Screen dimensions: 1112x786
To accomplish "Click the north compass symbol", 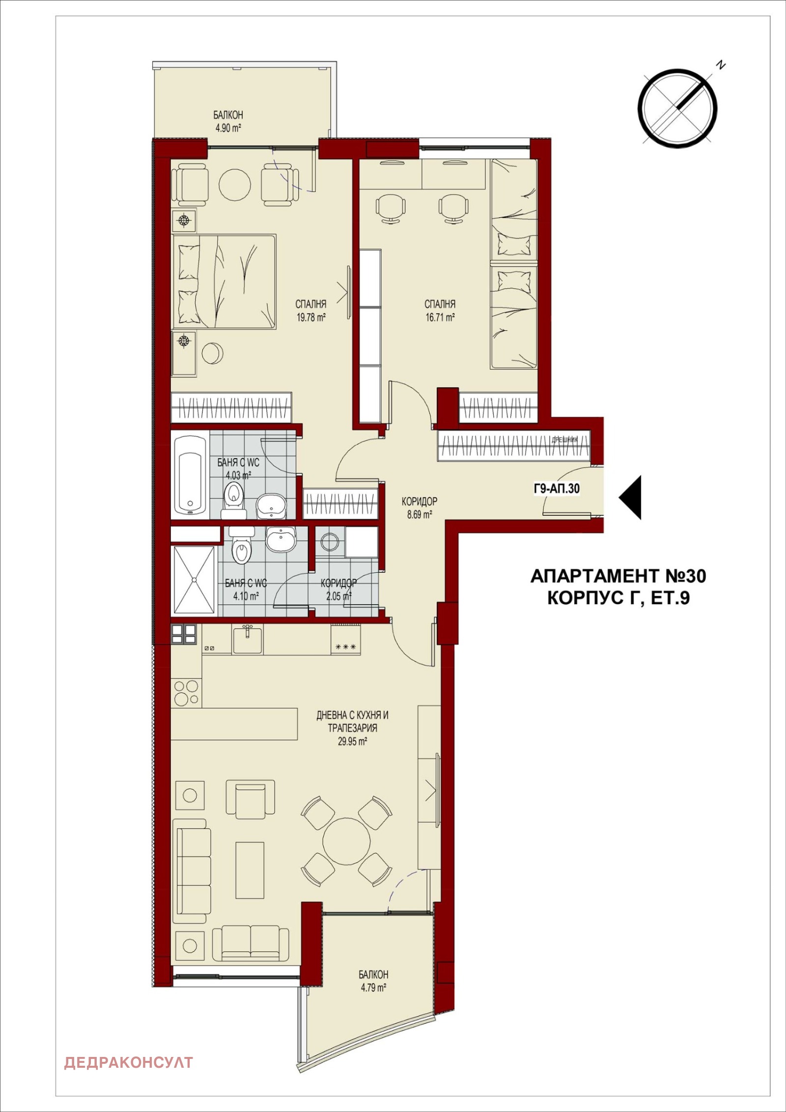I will (x=677, y=107).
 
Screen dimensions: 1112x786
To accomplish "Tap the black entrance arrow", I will (x=631, y=497).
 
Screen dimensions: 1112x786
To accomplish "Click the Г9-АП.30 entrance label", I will (x=557, y=488).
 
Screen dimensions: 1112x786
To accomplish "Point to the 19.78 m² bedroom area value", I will (x=310, y=317).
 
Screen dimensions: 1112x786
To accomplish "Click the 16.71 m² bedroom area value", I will (x=440, y=317).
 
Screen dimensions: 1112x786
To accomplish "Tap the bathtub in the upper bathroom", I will (x=190, y=475).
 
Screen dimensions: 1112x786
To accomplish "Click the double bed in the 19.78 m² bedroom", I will (x=224, y=281).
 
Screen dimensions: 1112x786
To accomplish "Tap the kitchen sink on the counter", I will (x=248, y=640).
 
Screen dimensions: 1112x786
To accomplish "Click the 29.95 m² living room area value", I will (x=352, y=741).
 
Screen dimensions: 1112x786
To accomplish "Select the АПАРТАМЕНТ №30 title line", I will (x=618, y=576).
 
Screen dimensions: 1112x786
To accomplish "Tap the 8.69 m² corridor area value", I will (x=419, y=515).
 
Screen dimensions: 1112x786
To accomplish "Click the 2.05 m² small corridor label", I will (x=338, y=596).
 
